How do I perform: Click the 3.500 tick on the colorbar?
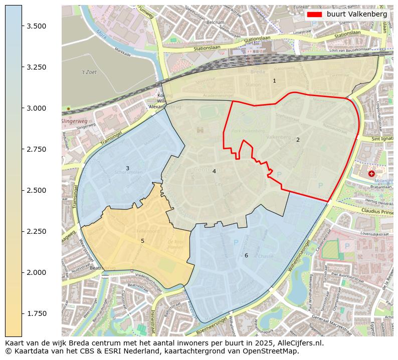point(22,26)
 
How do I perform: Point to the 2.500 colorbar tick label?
point(37,190)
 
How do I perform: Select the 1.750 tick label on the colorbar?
point(37,313)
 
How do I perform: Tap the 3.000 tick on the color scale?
point(22,108)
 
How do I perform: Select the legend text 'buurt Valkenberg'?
point(356,15)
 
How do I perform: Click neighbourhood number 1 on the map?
point(274,81)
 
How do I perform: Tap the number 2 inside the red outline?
point(298,140)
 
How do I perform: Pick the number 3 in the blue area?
point(127,168)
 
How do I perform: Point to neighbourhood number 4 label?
point(214,171)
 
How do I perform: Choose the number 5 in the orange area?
point(142,241)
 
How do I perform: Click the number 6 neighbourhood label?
point(246,255)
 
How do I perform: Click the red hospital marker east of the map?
point(371,174)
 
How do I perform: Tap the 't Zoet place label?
point(89,72)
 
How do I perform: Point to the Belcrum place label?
point(215,23)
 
